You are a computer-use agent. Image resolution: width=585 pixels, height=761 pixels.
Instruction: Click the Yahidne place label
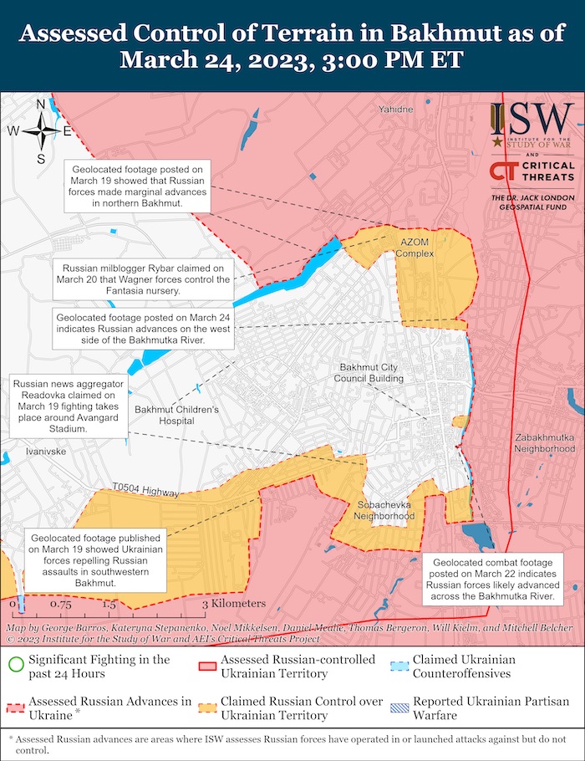395,110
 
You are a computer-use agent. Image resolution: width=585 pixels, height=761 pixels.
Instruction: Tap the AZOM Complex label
415,248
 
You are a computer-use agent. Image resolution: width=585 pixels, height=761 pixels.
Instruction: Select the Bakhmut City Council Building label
371,373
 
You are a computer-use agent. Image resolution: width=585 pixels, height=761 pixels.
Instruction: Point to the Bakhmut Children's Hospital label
176,415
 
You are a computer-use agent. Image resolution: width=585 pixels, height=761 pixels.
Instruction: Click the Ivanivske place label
45,450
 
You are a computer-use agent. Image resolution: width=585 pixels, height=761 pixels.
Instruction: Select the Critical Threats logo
532,172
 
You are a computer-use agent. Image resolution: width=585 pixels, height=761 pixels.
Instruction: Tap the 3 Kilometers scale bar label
233,603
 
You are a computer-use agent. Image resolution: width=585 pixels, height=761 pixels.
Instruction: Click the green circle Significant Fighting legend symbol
15,666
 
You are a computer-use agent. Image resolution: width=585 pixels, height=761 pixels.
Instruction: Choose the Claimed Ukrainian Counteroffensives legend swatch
399,666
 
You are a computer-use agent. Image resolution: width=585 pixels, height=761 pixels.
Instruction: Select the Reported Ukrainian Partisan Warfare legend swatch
399,707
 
